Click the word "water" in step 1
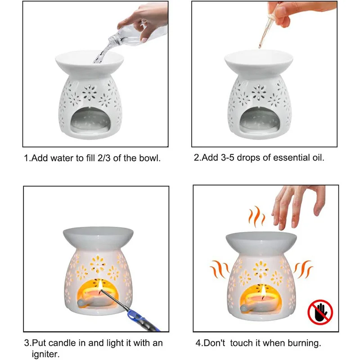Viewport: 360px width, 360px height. click(58, 158)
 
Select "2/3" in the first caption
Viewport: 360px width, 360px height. click(101, 158)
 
